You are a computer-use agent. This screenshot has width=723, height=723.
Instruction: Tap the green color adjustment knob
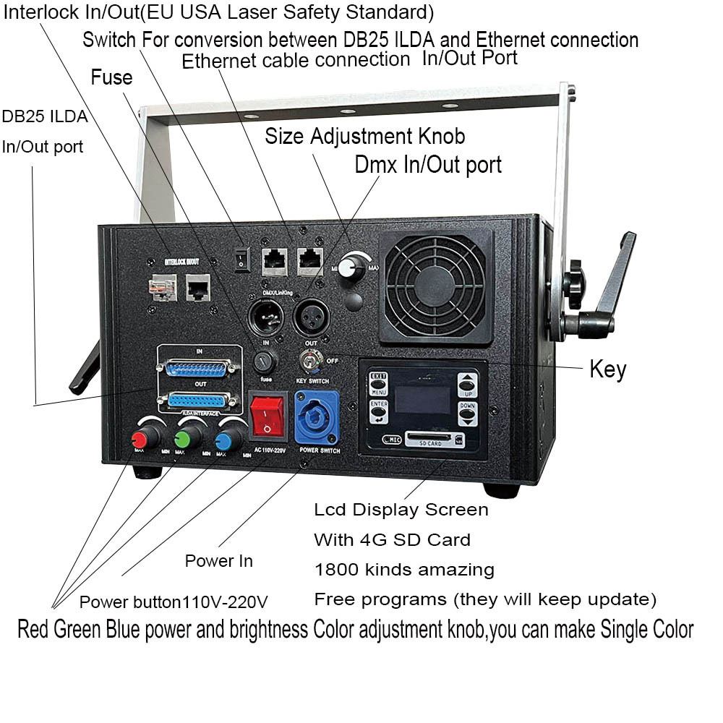[183, 438]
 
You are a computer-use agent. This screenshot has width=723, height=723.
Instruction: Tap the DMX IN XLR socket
[263, 317]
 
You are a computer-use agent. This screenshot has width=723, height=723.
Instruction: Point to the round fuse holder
[267, 360]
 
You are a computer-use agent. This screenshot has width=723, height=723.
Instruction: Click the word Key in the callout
[607, 369]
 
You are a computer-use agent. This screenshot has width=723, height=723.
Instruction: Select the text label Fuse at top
[111, 77]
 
